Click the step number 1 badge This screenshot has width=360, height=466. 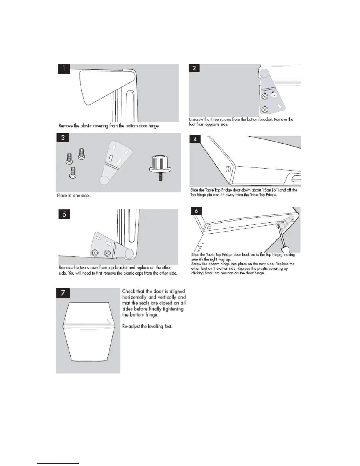[x=64, y=69]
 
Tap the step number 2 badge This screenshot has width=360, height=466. [x=194, y=68]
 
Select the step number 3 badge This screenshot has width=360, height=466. [x=63, y=137]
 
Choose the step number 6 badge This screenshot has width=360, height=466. [x=196, y=211]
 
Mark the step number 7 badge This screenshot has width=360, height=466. [x=63, y=293]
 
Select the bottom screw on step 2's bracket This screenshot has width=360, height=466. [x=265, y=110]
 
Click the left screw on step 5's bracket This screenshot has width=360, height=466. [x=95, y=253]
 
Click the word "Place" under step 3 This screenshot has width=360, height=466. [x=62, y=195]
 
